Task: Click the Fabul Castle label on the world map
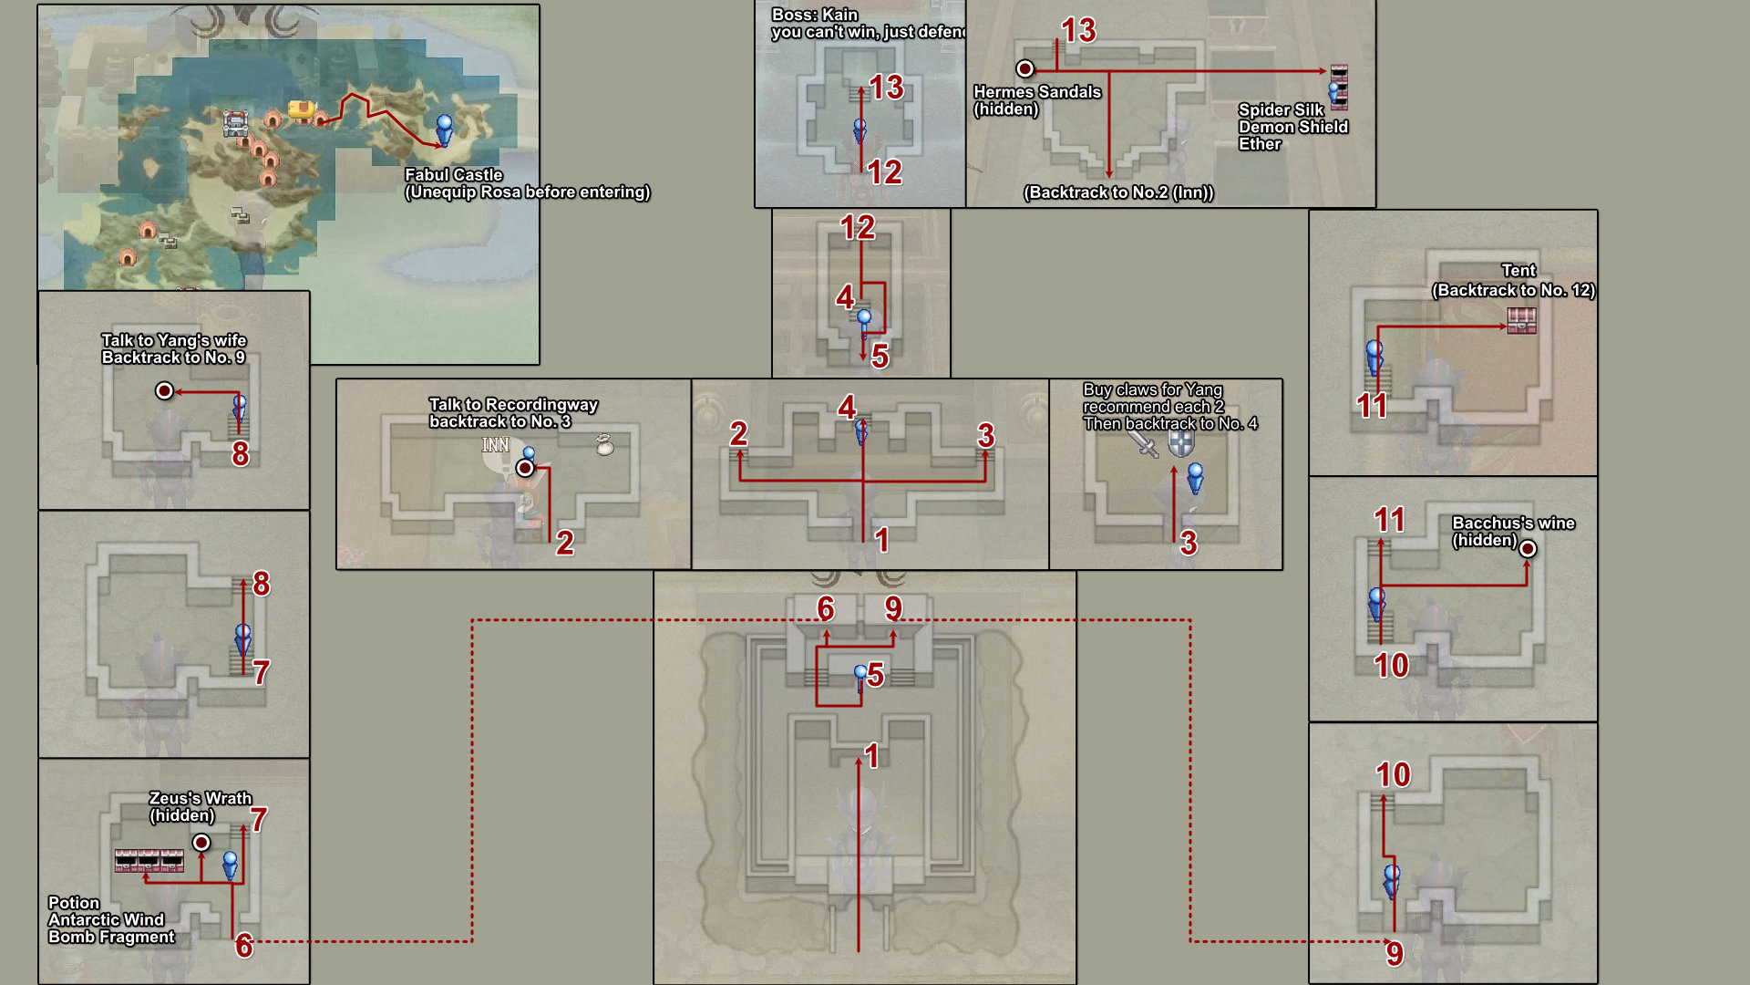point(454,175)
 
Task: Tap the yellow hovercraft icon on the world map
point(302,110)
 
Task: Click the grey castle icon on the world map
point(235,123)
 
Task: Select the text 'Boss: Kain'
point(815,15)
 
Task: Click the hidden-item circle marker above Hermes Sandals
point(1025,68)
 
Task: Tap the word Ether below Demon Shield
point(1260,144)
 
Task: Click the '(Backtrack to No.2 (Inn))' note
point(1118,192)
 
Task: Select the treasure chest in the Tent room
point(1521,321)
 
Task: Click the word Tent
point(1518,271)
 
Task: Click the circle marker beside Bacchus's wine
point(1528,548)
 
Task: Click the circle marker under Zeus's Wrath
point(201,842)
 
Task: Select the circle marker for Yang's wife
point(164,390)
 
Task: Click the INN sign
point(496,445)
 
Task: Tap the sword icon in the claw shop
point(1144,443)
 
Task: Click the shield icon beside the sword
point(1181,444)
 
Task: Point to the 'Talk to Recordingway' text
point(513,405)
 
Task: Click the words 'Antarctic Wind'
point(107,920)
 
